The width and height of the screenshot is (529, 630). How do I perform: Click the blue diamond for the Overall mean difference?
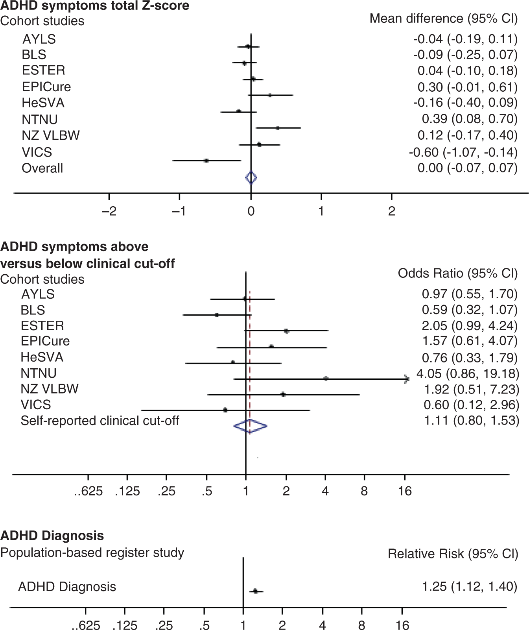coord(251,178)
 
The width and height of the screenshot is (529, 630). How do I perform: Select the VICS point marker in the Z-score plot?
coord(206,161)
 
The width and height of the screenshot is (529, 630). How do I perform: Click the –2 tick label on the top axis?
coord(109,212)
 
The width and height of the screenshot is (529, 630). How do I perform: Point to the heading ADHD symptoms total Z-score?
coord(95,6)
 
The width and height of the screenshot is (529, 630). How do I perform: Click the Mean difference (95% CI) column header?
coord(443,18)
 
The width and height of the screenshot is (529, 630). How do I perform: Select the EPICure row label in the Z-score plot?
coord(46,87)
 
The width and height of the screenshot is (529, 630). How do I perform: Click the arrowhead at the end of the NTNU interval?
coord(407,379)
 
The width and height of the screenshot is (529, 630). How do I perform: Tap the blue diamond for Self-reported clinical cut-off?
coord(250,426)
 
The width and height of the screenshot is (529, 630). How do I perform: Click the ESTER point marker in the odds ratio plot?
coord(287,331)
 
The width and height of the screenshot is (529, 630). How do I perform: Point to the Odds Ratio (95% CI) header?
coord(457,273)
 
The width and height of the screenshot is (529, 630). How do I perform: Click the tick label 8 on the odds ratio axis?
coord(364,491)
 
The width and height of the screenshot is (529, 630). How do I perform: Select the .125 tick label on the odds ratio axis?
coord(127,491)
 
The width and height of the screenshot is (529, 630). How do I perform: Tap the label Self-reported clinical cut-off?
coord(100,421)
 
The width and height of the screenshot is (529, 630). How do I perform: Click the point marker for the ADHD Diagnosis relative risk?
coord(256,591)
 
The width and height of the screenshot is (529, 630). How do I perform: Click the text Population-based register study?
coord(92,552)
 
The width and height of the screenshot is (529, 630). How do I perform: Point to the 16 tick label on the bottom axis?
coord(402,625)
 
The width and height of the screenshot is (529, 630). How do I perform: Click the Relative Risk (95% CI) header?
coord(453,554)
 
